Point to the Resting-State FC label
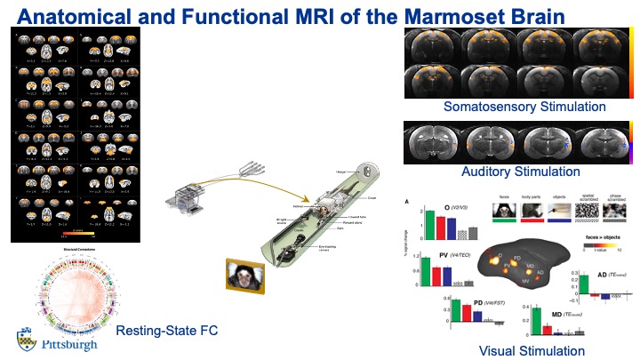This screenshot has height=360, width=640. point(167,332)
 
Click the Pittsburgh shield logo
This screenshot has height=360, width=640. point(24,338)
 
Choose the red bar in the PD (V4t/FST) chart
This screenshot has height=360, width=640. point(468,310)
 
